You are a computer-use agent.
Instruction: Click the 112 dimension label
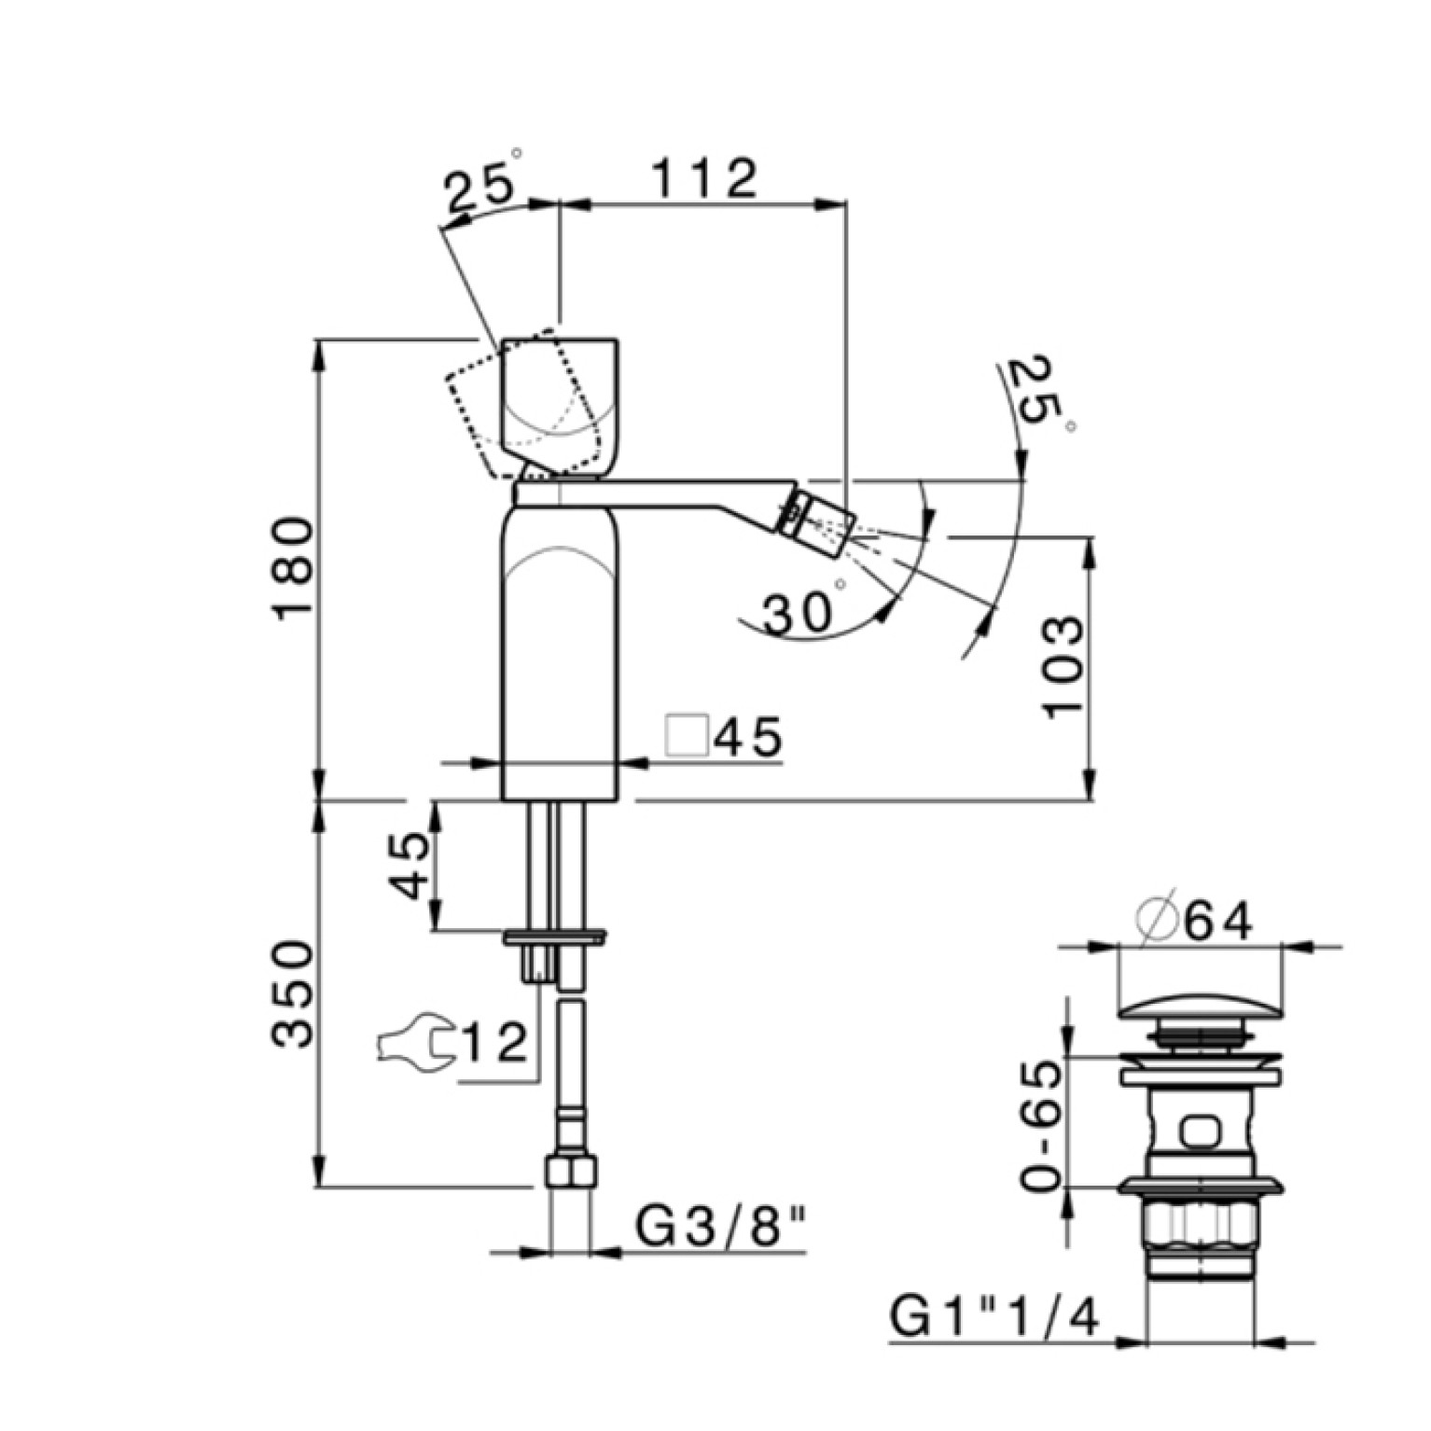pyautogui.click(x=702, y=178)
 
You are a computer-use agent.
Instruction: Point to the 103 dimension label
pyautogui.click(x=1064, y=666)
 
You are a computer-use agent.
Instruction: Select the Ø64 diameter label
pyautogui.click(x=1196, y=923)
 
